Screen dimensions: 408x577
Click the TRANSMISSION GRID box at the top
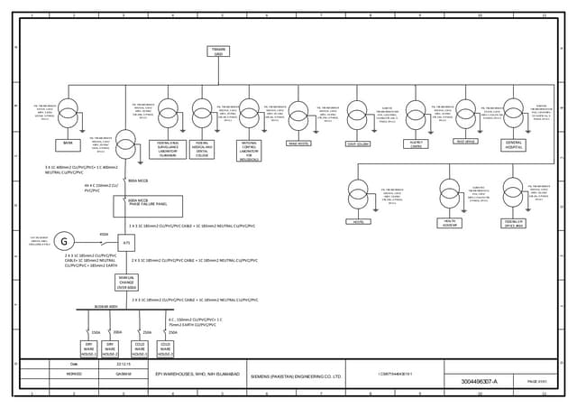point(217,51)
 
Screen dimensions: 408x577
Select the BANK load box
point(68,144)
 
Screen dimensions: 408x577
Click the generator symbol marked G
point(63,241)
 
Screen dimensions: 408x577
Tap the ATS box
point(126,243)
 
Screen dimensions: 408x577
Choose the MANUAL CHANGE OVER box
point(126,283)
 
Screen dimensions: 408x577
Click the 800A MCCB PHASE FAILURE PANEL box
point(147,206)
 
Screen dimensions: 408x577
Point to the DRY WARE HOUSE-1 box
point(89,348)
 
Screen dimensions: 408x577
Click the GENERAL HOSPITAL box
point(513,144)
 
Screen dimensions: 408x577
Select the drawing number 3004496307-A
point(479,382)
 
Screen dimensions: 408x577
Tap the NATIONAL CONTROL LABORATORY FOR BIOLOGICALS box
point(249,150)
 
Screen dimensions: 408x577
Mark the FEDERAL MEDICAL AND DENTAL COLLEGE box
point(203,148)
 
